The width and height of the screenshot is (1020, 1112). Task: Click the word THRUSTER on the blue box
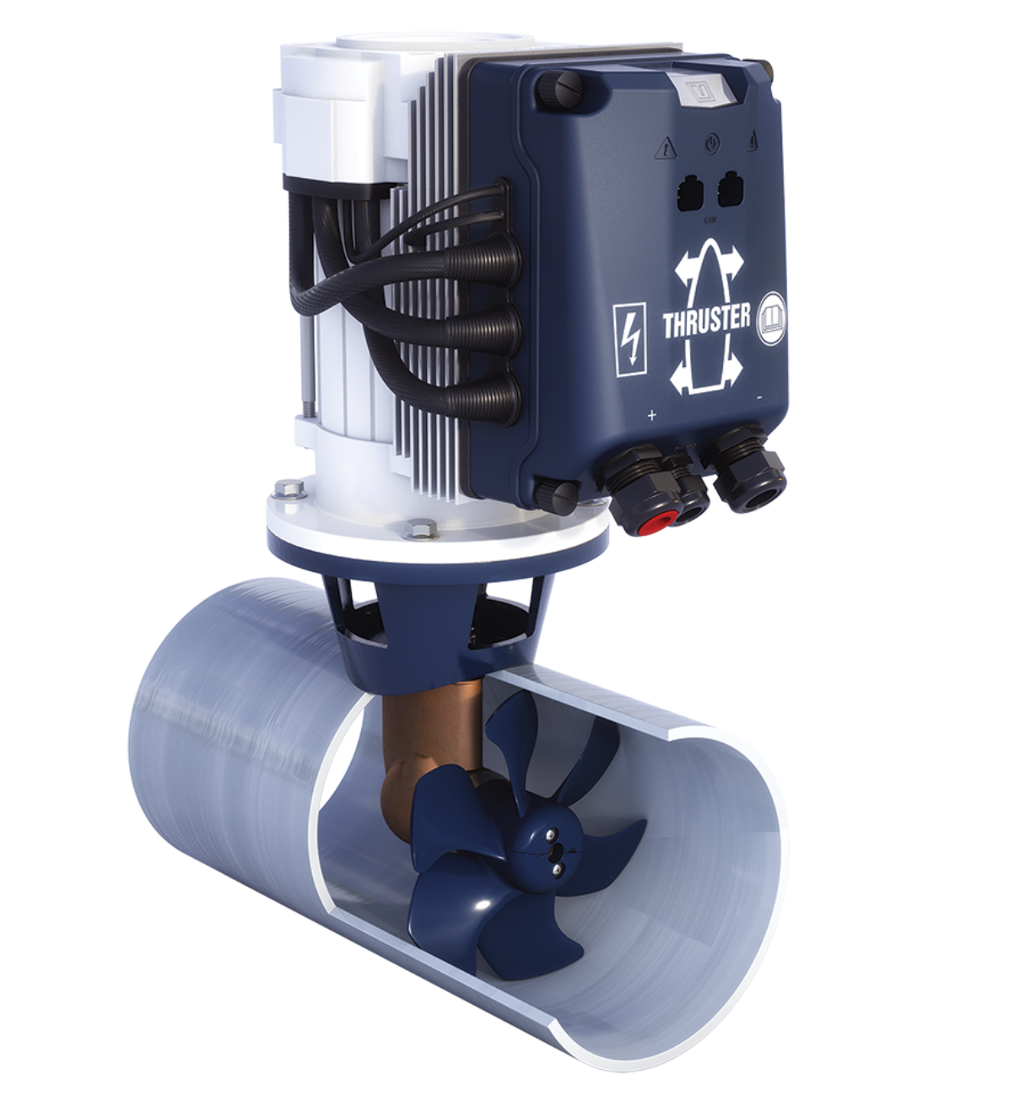click(705, 321)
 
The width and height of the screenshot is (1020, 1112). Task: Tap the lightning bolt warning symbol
click(629, 338)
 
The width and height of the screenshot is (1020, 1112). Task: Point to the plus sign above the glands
click(650, 414)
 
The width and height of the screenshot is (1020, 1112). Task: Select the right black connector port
click(730, 191)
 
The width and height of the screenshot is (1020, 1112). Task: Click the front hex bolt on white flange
click(419, 530)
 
